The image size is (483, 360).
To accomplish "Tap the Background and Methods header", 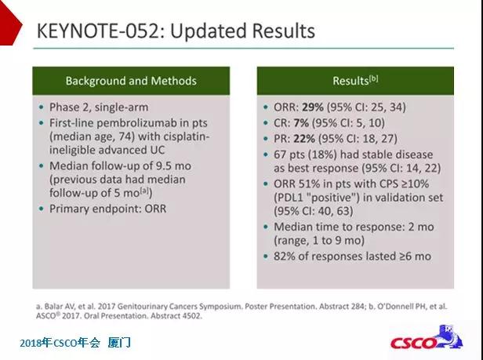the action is click(131, 81).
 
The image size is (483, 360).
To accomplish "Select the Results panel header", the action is click(355, 81).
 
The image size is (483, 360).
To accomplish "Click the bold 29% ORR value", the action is click(313, 107).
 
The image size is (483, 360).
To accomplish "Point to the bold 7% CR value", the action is click(301, 123).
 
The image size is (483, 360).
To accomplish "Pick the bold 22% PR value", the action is click(304, 139).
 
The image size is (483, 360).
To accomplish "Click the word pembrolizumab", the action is click(137, 123).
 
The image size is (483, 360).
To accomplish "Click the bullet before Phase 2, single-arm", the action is click(42, 107).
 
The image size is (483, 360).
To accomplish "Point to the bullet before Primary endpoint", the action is click(42, 209).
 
